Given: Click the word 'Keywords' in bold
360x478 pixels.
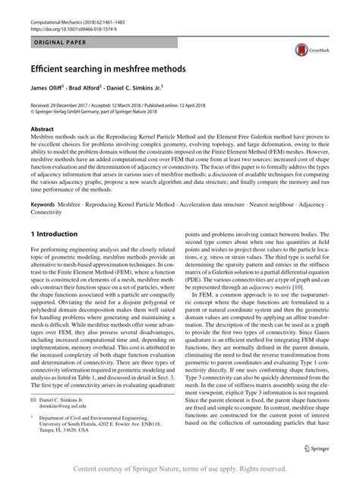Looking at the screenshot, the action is coord(46,204).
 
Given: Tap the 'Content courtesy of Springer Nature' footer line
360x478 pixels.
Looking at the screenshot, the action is coord(179,469).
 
